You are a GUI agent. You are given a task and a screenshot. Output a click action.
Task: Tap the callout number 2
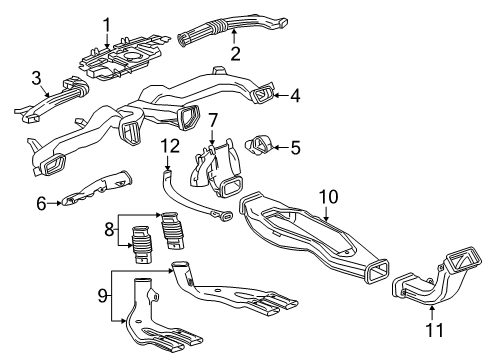(x=235, y=52)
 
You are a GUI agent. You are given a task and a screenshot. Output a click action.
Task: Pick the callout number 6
(x=42, y=204)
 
